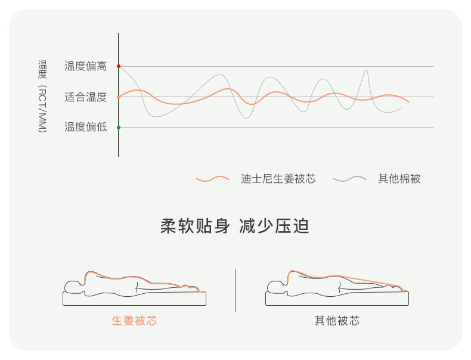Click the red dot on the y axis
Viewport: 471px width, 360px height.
coord(119,66)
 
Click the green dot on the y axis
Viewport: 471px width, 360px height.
coord(119,127)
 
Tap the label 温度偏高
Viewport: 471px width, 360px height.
coord(86,66)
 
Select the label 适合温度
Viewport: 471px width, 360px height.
coord(86,97)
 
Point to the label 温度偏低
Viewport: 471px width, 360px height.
coord(86,127)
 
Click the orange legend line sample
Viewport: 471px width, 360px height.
coord(213,179)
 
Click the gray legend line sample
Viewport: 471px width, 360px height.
coord(349,179)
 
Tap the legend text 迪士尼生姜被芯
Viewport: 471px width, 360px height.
coord(278,179)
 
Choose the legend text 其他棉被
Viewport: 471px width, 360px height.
coord(399,179)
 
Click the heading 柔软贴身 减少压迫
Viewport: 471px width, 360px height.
coord(235,226)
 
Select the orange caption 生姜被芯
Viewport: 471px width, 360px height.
coord(135,321)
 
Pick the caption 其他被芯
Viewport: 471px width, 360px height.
coord(337,321)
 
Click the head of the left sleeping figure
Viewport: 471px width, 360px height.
coord(73,285)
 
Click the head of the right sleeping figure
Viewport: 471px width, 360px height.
coord(276,285)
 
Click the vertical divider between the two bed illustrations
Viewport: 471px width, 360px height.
coord(235,290)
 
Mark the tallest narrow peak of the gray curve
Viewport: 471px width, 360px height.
coord(366,72)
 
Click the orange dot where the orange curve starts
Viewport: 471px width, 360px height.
coord(119,97)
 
